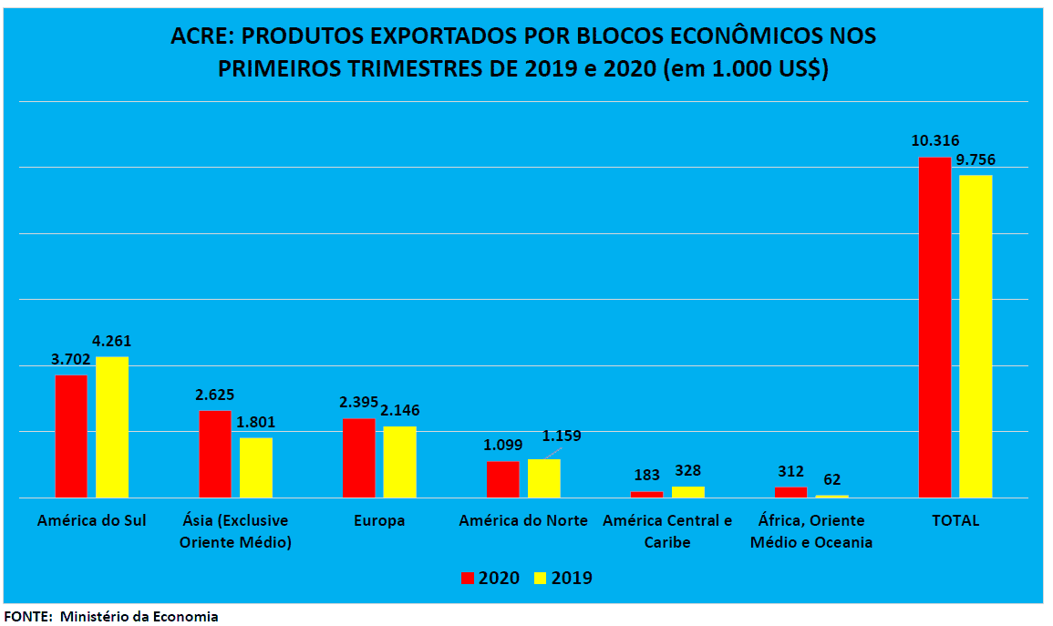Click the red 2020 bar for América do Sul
pos(71,436)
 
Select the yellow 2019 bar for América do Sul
pos(112,426)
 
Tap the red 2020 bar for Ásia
pos(215,454)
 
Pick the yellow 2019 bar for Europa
pos(399,461)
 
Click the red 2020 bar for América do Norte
pos(502,479)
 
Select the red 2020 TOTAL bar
pos(934,327)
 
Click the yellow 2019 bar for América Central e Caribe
pos(687,492)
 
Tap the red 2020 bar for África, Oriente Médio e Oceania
pos(790,492)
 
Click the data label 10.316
pos(934,140)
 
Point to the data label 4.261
pos(112,341)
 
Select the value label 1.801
pos(256,422)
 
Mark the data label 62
pos(831,479)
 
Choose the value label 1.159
pos(562,436)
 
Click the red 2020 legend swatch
pos(468,578)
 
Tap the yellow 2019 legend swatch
pos(540,578)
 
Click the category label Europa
pos(378,521)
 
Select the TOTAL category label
pos(955,521)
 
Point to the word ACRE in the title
pos(201,37)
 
